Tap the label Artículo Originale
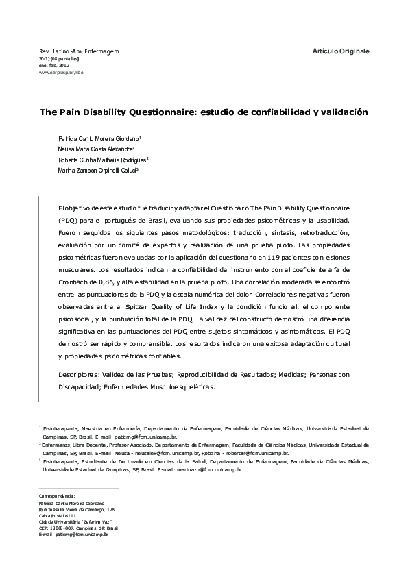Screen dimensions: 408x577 pyautogui.click(x=340, y=51)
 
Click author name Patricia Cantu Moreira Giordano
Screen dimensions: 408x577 pyautogui.click(x=99, y=138)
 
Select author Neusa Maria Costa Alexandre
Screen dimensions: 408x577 pyautogui.click(x=95, y=149)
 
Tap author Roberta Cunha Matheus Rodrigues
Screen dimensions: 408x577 pyautogui.click(x=103, y=159)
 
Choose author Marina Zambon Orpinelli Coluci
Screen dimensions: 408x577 pyautogui.click(x=98, y=170)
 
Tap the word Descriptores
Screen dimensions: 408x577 pyautogui.click(x=77, y=376)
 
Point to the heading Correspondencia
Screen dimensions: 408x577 pyautogui.click(x=57, y=495)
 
